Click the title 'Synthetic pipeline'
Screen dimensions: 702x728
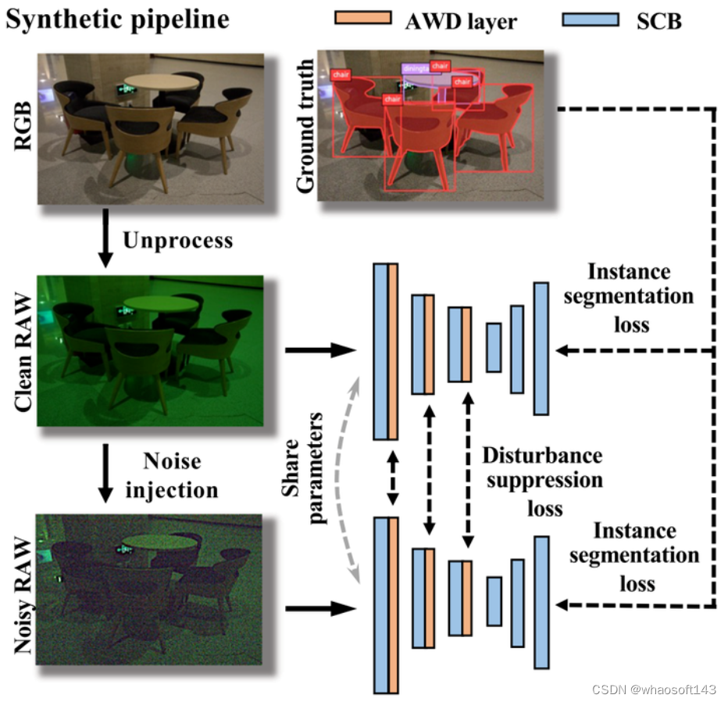coord(117,19)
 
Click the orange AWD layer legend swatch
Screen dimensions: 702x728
coord(362,17)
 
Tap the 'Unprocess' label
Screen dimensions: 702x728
coord(177,239)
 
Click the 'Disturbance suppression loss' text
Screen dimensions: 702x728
coord(541,481)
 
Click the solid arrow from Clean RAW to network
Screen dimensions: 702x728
coord(320,350)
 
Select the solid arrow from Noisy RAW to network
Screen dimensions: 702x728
coord(320,607)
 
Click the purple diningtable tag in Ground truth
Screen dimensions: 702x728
coord(414,69)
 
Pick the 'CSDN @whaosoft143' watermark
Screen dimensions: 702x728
coord(654,689)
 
